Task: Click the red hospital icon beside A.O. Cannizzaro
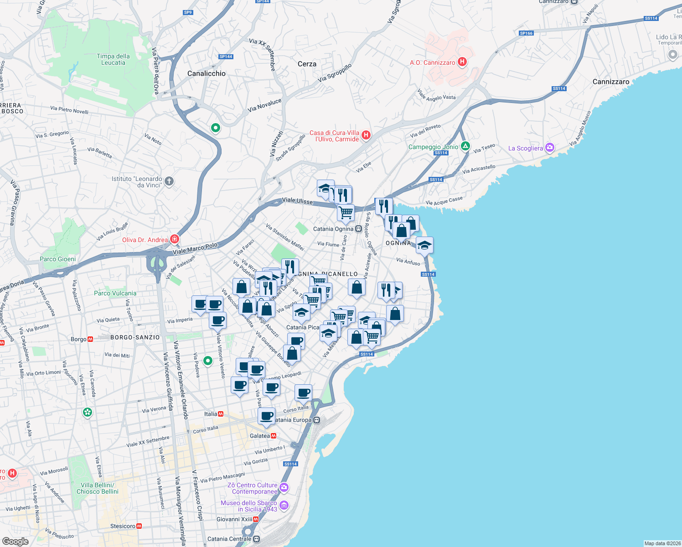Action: (x=462, y=62)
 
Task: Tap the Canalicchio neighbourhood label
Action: (x=207, y=73)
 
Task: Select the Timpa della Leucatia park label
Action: (x=113, y=60)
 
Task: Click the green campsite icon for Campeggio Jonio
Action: (x=465, y=146)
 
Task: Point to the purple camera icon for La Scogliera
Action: (x=550, y=148)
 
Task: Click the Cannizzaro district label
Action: (x=611, y=82)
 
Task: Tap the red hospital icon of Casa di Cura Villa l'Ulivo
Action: (x=366, y=135)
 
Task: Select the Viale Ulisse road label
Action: (x=297, y=201)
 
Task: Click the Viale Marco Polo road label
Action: (x=195, y=249)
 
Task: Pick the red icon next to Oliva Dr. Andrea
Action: (x=174, y=239)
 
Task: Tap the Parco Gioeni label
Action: (x=58, y=259)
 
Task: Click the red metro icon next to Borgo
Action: (x=90, y=339)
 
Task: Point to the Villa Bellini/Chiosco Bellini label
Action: (x=98, y=488)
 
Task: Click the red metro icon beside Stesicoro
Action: (x=139, y=526)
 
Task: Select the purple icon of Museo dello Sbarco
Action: (x=284, y=505)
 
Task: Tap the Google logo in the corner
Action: (x=15, y=541)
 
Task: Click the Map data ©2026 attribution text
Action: (x=662, y=543)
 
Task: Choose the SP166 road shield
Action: (x=526, y=33)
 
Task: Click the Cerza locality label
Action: (x=307, y=64)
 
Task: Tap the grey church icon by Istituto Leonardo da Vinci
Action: (x=169, y=181)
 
